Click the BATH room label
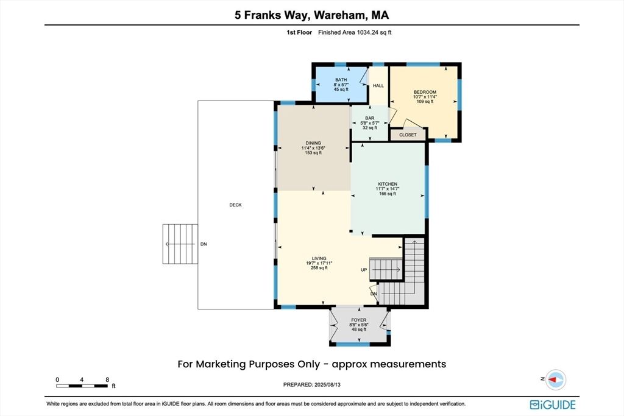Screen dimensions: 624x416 [341, 80]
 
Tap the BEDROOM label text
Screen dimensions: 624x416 [425, 92]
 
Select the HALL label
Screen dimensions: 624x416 [378, 85]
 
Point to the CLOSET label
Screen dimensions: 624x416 [408, 135]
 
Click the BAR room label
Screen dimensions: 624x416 [370, 118]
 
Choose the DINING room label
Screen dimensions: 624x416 [313, 143]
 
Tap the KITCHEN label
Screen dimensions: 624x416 [388, 184]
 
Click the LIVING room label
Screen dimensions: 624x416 [319, 258]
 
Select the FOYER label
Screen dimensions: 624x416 [358, 320]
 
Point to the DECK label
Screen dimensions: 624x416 [236, 205]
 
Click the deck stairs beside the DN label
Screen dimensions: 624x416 [180, 244]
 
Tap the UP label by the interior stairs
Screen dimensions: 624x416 [364, 270]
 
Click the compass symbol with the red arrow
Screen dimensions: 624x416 [555, 379]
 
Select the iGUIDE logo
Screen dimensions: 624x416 [553, 405]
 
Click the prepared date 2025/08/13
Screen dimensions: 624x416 [327, 384]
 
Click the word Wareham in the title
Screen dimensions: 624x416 [339, 15]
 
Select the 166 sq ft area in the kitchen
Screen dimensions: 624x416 [388, 194]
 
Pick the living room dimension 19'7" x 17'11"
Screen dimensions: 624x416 [319, 263]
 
